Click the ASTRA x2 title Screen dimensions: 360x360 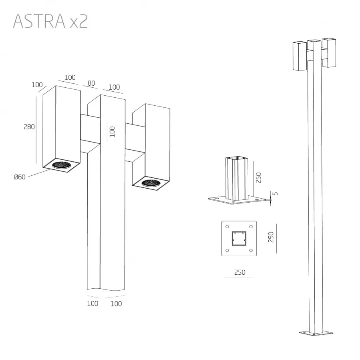(x=50, y=21)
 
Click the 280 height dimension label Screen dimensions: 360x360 (x=29, y=127)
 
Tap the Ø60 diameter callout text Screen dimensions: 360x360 (x=20, y=177)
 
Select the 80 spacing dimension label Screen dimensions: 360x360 (x=91, y=83)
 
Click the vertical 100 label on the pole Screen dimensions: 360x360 (x=112, y=132)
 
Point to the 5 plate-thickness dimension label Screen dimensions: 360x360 (x=275, y=193)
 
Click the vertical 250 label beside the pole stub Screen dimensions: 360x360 (x=259, y=177)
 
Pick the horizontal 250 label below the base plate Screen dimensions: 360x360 (x=240, y=272)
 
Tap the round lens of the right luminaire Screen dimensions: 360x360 (x=151, y=183)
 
